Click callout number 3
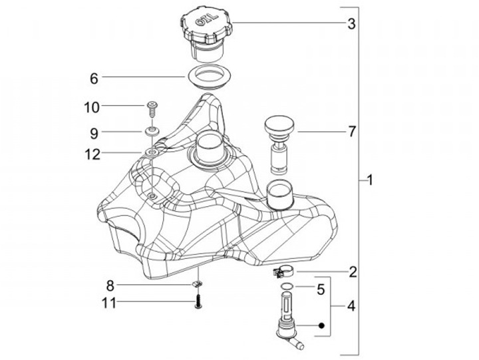point(351,24)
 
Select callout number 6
point(94,78)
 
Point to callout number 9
point(94,132)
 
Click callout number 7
point(351,131)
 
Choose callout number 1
point(370,180)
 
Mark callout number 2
point(353,271)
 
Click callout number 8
point(111,286)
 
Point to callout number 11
point(110,303)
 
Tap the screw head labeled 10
point(153,106)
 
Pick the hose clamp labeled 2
point(283,271)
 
